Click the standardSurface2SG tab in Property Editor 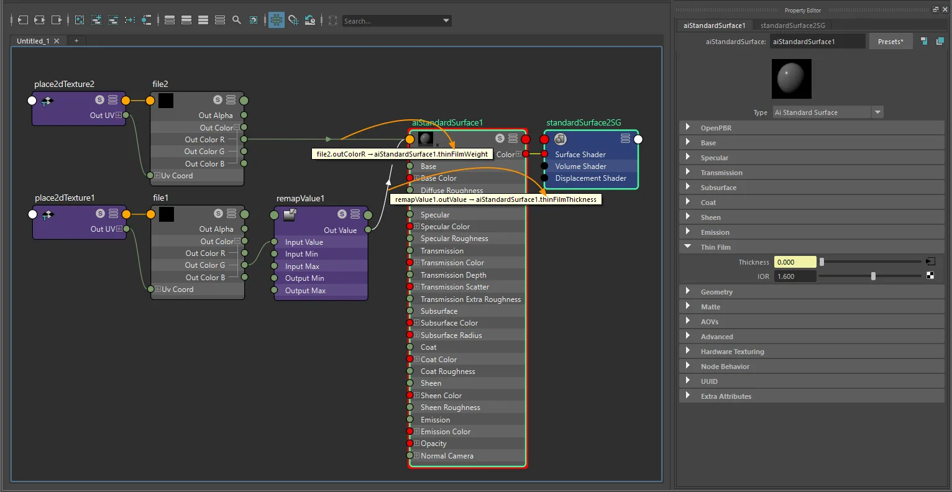tap(793, 25)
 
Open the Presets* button tap(890, 42)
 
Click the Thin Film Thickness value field tap(795, 262)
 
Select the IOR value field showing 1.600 tap(795, 276)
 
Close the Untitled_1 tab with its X tap(57, 41)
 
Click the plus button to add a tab tap(76, 41)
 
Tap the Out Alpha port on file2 tap(244, 115)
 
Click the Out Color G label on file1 tap(205, 265)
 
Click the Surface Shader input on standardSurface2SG tap(544, 154)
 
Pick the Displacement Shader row tap(591, 178)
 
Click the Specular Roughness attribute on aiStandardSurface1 tap(454, 239)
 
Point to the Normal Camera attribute tap(447, 456)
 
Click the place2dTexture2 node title tap(64, 84)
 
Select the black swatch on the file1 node tap(166, 214)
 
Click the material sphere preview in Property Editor tap(791, 79)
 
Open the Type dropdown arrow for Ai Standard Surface tap(877, 112)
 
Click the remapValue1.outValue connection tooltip tap(495, 199)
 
